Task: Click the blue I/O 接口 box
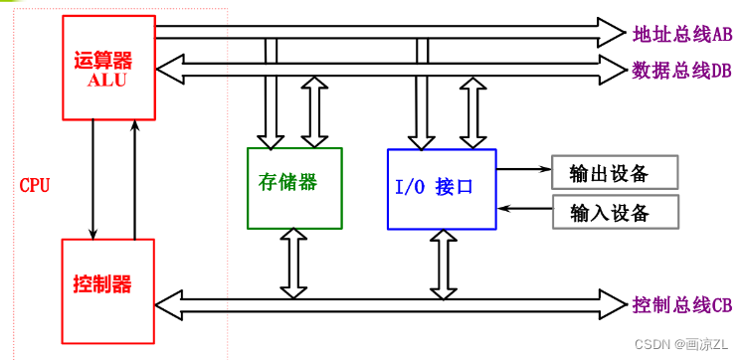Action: (442, 189)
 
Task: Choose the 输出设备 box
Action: (615, 173)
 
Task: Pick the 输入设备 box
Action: (615, 213)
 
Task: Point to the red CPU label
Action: (35, 186)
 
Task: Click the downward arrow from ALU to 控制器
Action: (92, 179)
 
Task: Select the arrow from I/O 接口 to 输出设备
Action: (524, 170)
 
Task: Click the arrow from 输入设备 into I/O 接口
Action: (524, 209)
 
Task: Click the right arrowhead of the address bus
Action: (613, 32)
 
